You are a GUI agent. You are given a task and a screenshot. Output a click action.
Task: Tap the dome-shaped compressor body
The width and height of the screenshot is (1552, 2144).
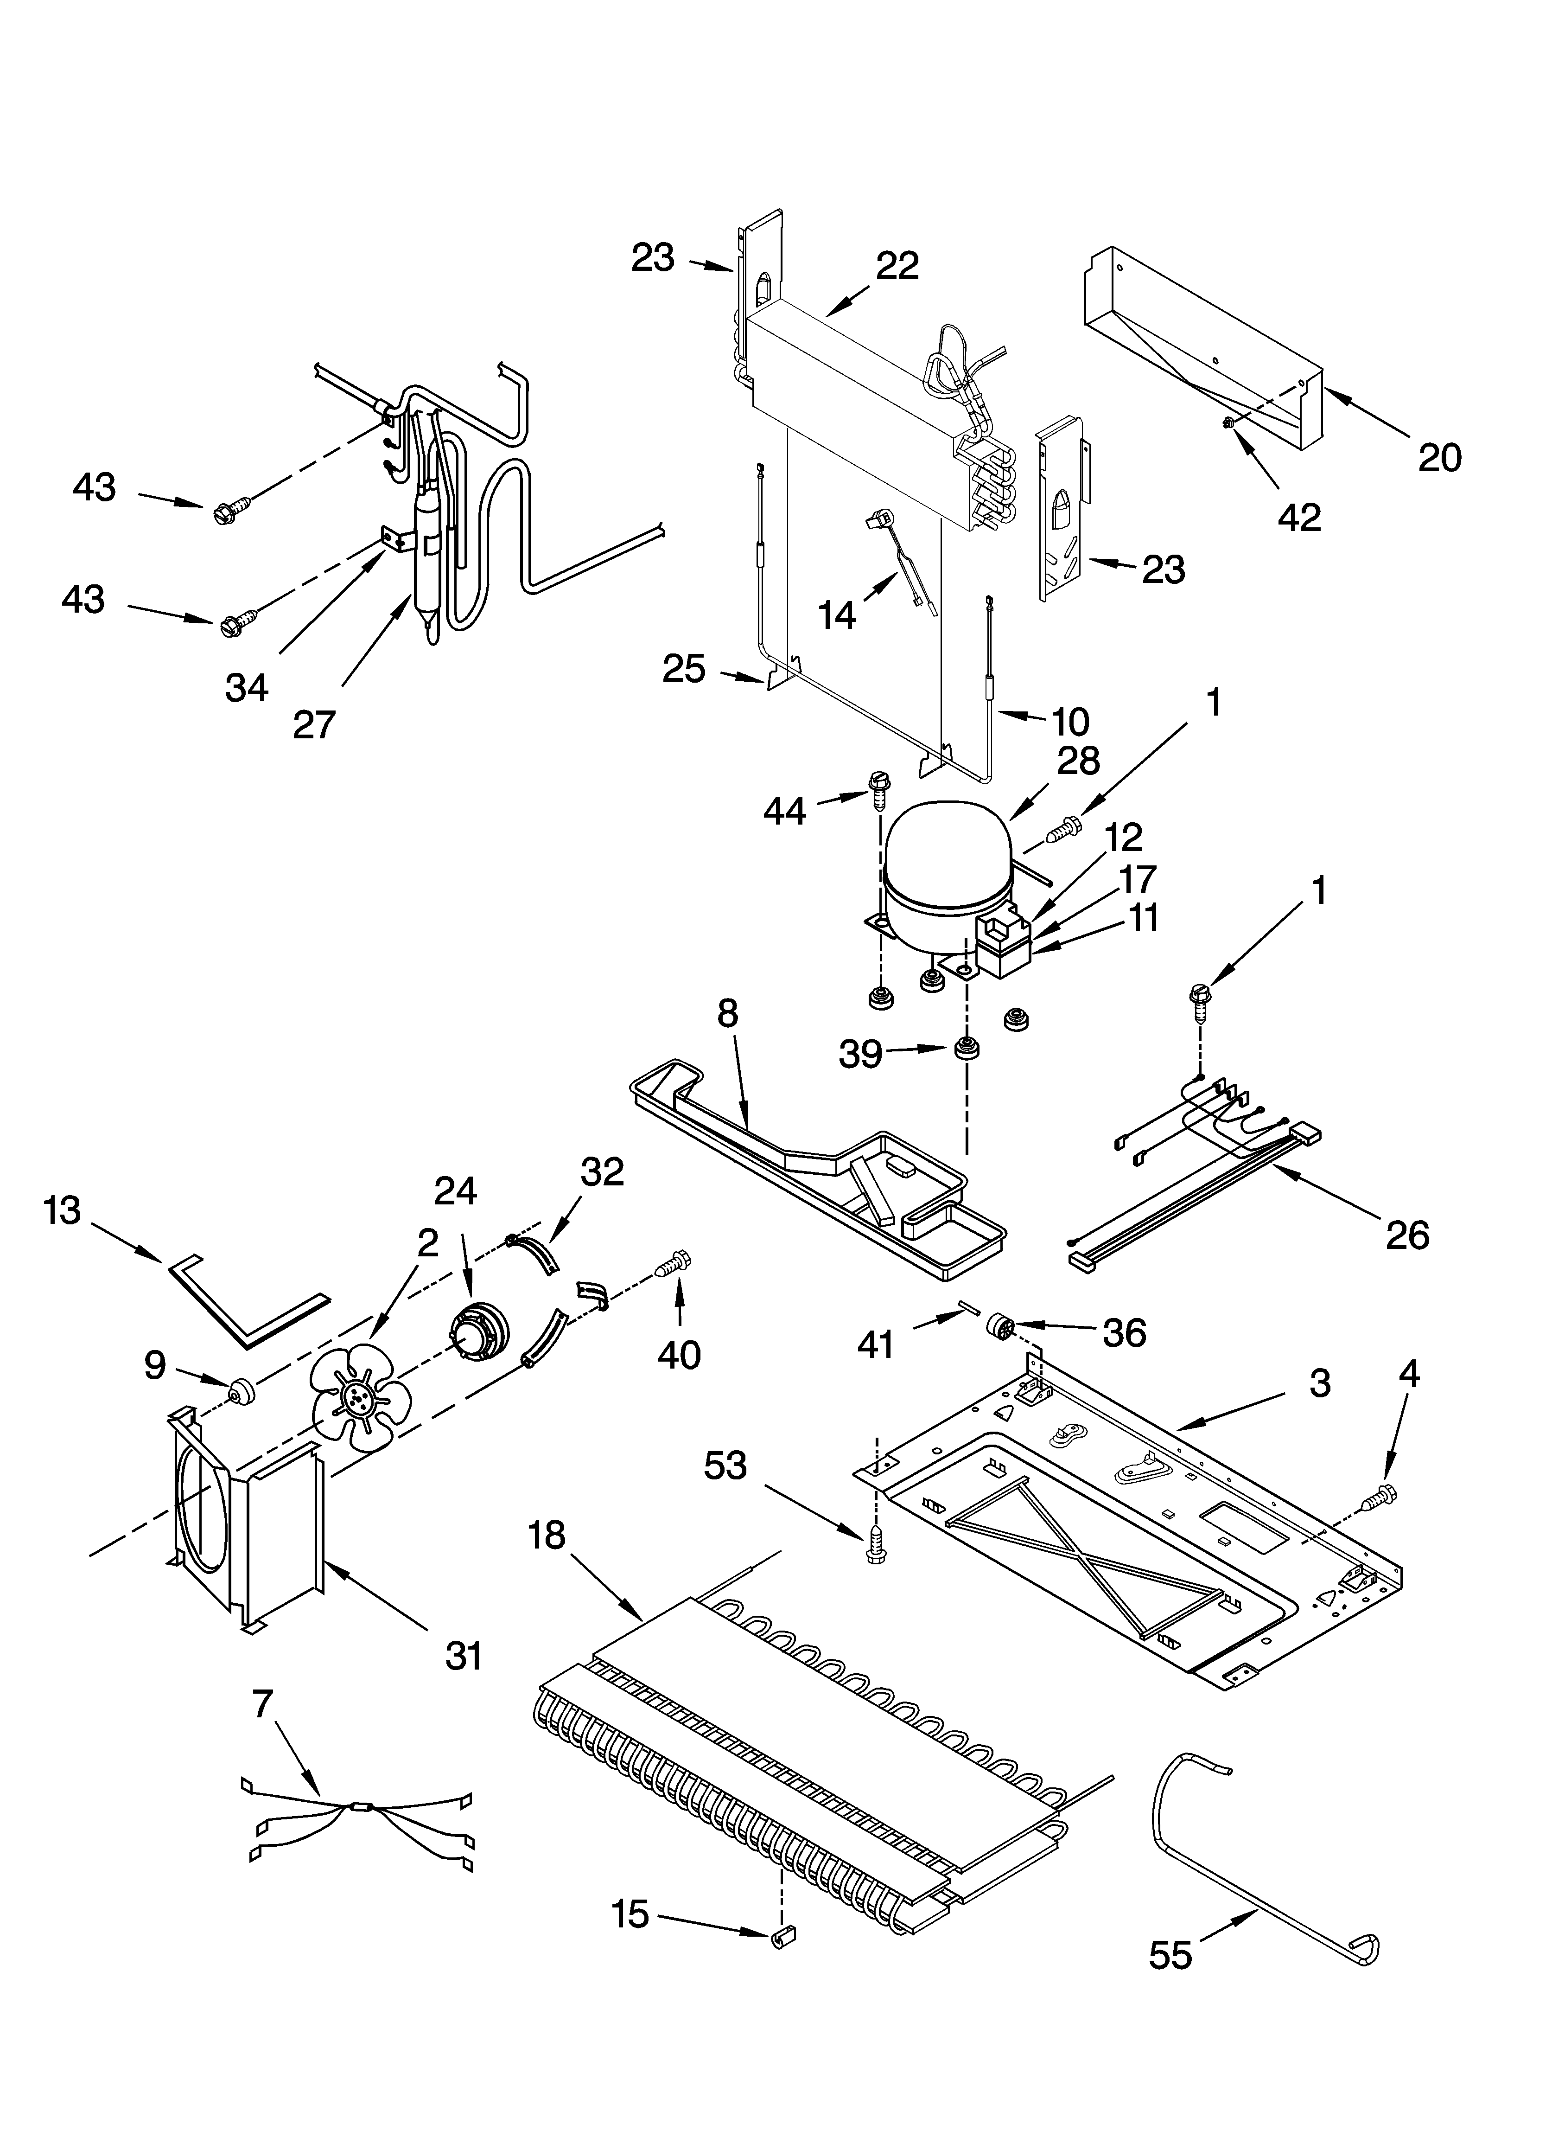[945, 851]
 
